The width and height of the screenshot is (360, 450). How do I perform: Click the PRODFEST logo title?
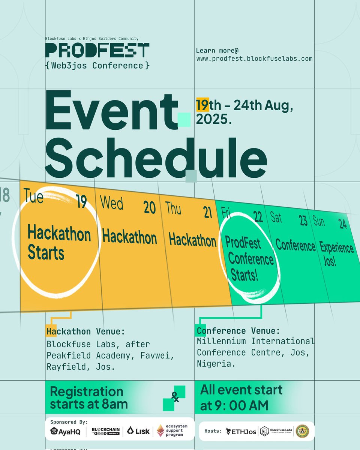[97, 50]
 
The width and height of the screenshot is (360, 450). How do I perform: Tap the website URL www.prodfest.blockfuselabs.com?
[254, 59]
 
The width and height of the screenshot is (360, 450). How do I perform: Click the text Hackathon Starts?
[59, 243]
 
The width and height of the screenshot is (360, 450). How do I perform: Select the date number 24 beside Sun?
[342, 224]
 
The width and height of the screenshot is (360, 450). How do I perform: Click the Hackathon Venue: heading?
[85, 331]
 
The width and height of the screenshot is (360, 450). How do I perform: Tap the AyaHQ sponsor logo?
[65, 432]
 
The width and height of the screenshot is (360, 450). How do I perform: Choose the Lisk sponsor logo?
[138, 431]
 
